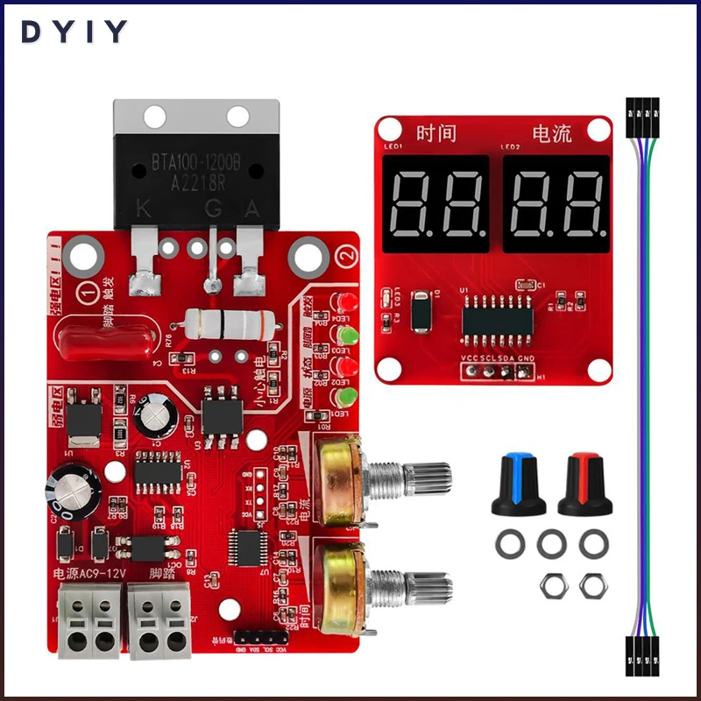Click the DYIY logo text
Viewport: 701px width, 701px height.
[x=75, y=32]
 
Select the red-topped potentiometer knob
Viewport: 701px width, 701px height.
[x=583, y=485]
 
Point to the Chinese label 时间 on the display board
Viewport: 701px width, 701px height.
[x=437, y=133]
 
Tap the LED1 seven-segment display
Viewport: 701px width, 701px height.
[x=435, y=203]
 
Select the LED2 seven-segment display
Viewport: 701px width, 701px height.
[x=556, y=203]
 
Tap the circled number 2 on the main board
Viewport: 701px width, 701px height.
[x=347, y=256]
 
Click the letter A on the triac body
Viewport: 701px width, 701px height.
[x=252, y=209]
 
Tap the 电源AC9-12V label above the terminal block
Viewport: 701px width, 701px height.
[x=90, y=574]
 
